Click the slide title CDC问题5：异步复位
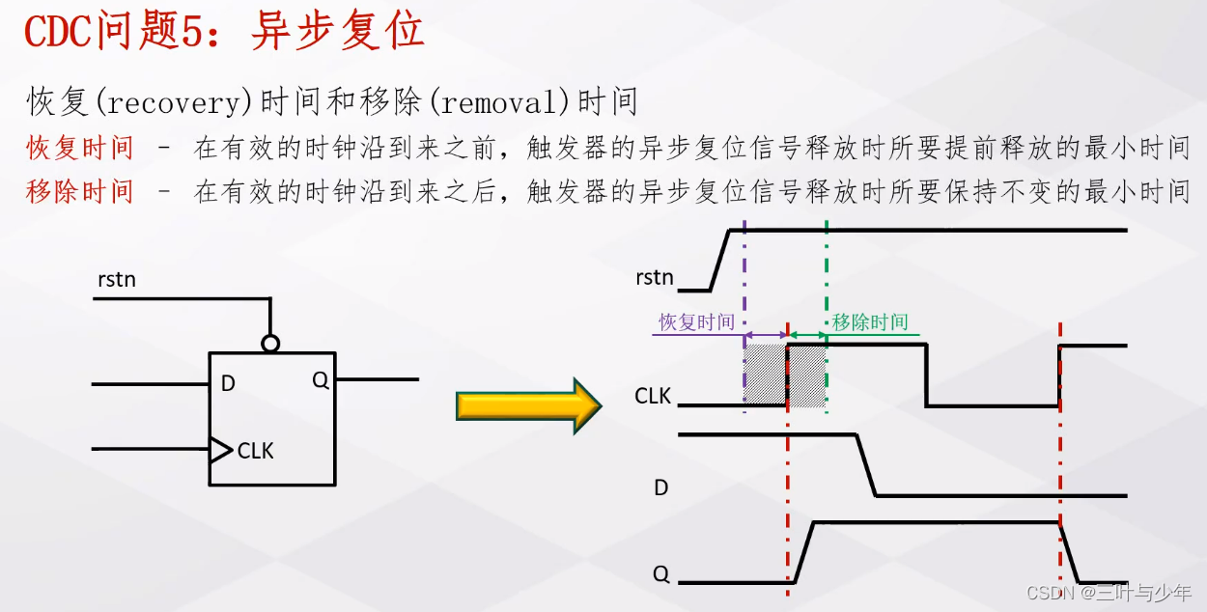[224, 32]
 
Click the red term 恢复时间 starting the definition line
[80, 148]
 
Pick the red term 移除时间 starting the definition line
[80, 191]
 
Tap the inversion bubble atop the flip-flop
[270, 343]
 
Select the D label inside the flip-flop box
[228, 384]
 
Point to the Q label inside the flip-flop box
[321, 380]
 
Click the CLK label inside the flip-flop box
[256, 451]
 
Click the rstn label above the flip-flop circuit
[117, 280]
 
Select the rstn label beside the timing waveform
[655, 278]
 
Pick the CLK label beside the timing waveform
[653, 396]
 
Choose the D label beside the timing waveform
[661, 487]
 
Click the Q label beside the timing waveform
[661, 574]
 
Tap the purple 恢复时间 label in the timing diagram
[696, 322]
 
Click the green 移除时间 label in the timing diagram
[870, 322]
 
